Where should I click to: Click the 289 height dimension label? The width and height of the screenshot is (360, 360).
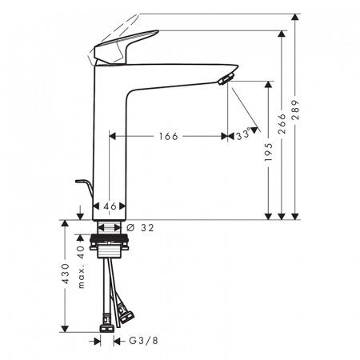click(295, 110)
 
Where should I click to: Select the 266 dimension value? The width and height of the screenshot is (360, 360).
click(282, 124)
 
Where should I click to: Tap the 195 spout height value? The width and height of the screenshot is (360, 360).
click(269, 152)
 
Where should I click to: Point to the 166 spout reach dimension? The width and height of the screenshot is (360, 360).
click(169, 137)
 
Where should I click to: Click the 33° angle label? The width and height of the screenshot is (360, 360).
click(244, 134)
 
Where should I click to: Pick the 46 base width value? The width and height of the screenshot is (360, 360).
click(110, 206)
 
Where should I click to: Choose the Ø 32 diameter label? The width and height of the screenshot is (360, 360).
click(140, 228)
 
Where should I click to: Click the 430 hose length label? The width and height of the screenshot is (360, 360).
click(66, 274)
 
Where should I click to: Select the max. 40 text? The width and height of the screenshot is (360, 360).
click(81, 266)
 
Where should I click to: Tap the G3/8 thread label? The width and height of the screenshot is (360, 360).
click(144, 341)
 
